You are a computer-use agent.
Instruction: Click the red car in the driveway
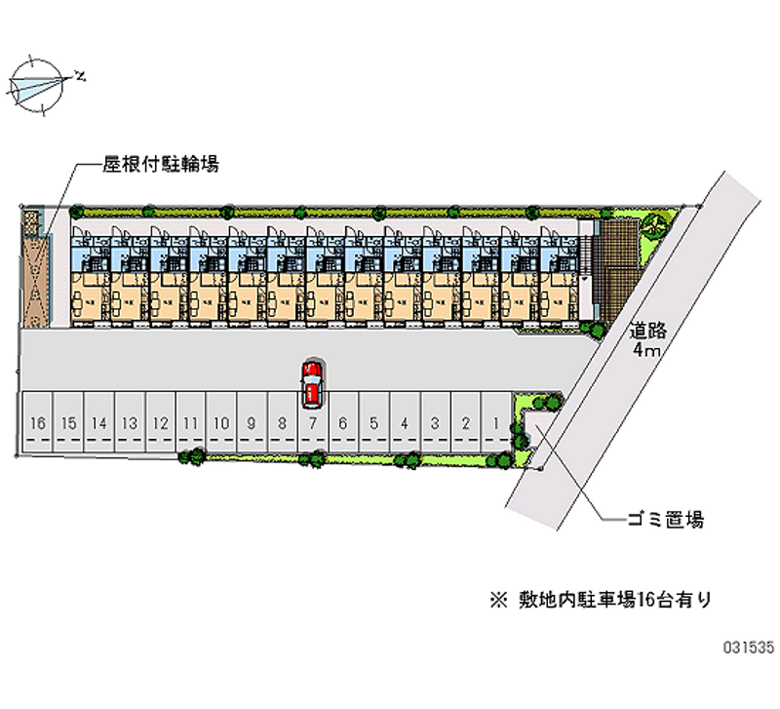pyautogui.click(x=311, y=382)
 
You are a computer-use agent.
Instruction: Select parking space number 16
pyautogui.click(x=38, y=423)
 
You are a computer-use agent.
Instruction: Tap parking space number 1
pyautogui.click(x=496, y=423)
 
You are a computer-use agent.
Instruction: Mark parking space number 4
pyautogui.click(x=405, y=423)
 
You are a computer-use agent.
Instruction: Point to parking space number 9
pyautogui.click(x=252, y=423)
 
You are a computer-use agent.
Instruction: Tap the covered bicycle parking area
pyautogui.click(x=35, y=268)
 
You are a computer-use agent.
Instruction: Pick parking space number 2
pyautogui.click(x=466, y=423)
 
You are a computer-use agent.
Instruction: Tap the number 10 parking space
pyautogui.click(x=221, y=423)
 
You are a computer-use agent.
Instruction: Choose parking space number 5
pyautogui.click(x=374, y=423)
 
